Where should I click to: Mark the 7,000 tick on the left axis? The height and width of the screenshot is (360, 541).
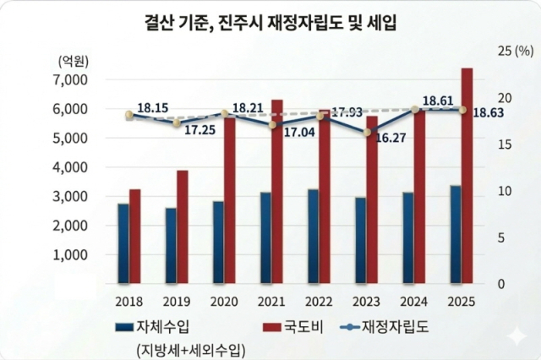(71, 79)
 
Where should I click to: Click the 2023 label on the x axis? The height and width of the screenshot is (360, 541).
(366, 302)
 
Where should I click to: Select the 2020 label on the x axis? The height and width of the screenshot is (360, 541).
(223, 302)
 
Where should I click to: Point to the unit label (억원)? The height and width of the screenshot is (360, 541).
(74, 60)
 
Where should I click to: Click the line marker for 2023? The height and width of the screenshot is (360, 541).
(366, 131)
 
